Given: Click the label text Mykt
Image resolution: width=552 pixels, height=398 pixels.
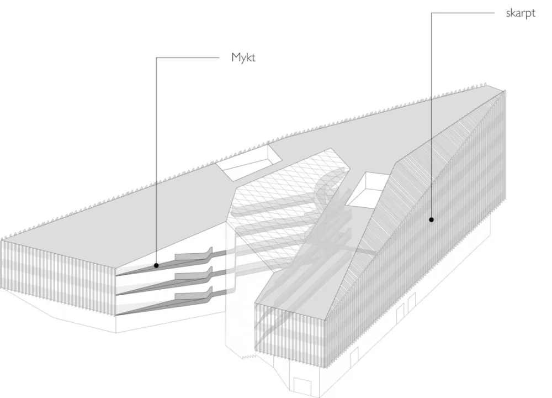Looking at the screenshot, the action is [243, 57].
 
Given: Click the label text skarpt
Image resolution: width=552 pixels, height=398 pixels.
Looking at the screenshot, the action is [521, 13].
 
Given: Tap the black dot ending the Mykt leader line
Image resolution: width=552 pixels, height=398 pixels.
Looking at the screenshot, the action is [156, 265].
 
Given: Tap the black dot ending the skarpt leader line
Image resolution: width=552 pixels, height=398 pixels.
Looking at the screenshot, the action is [431, 219].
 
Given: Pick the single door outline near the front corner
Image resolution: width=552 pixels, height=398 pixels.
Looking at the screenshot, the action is [354, 355].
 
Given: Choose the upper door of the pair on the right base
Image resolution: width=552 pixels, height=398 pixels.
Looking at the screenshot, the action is [411, 303].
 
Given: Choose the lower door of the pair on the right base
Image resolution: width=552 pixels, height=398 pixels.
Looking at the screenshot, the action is [400, 314].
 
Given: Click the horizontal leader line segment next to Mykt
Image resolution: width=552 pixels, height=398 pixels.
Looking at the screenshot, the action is [188, 58].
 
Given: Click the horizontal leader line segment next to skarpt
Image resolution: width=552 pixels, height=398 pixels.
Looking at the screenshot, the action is [463, 13].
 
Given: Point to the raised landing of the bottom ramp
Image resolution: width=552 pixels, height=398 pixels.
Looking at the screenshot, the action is [194, 295].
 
